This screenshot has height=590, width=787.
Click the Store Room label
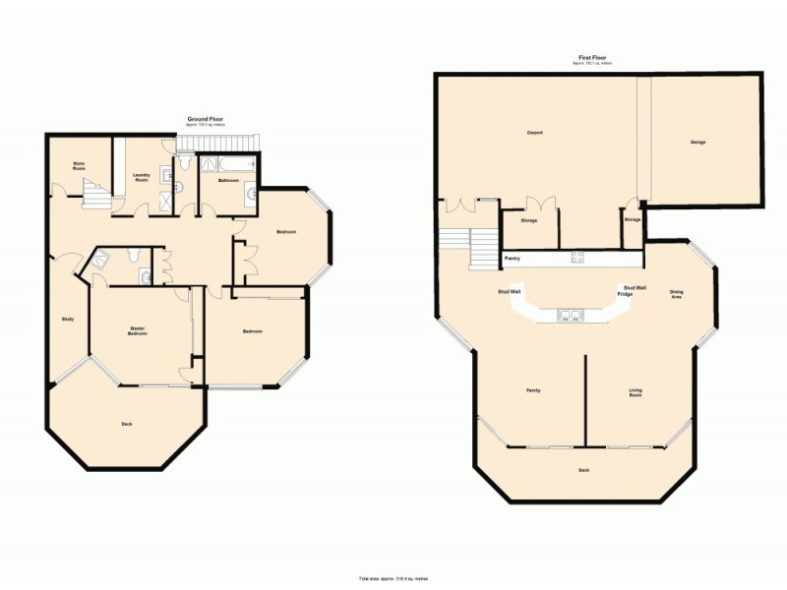[79, 166]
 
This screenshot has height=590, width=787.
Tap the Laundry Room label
[141, 178]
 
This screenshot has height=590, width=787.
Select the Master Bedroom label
[138, 331]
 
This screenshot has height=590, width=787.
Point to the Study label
[68, 319]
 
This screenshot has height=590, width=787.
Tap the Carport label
[536, 132]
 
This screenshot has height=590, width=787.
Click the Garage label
[697, 143]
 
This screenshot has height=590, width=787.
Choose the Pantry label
[513, 259]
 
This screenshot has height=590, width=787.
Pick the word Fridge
[625, 294]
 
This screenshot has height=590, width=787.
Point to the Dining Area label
[677, 293]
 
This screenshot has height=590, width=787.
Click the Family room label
[532, 390]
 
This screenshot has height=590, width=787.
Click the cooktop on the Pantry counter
[579, 259]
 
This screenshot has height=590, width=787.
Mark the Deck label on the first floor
[584, 470]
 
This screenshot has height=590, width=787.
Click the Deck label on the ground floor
[127, 424]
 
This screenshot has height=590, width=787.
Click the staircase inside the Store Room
[95, 194]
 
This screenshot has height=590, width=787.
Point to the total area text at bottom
[393, 579]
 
